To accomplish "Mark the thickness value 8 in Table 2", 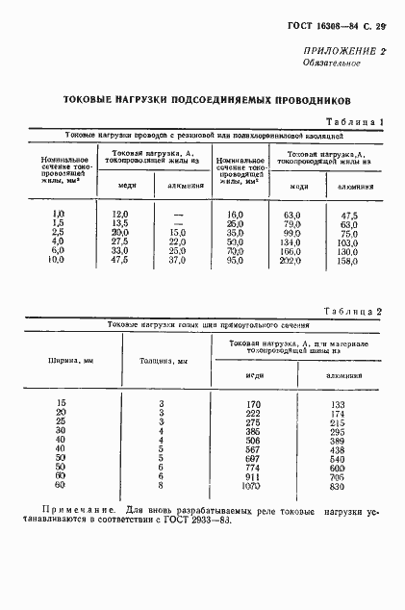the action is coord(162,487).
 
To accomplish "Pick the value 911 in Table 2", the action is coord(253,476).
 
